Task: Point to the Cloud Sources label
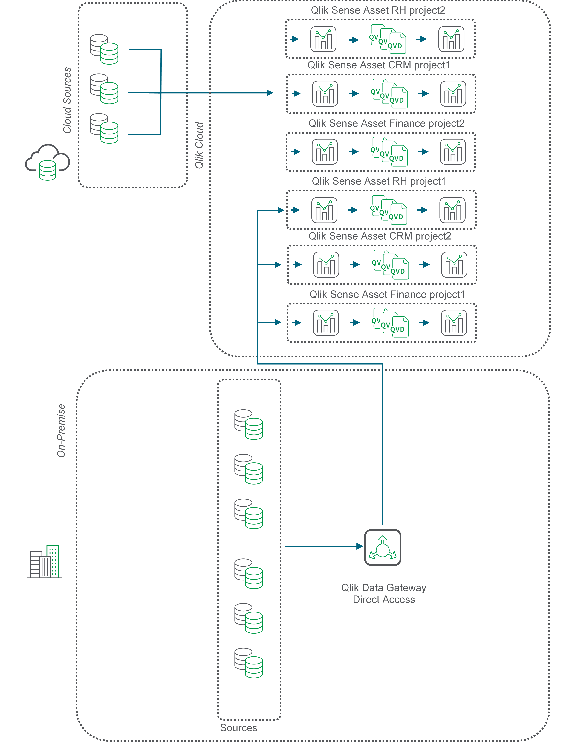tap(67, 100)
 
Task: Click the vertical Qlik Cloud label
tap(199, 145)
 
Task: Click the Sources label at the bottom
tap(238, 728)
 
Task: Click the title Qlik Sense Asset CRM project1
tap(378, 65)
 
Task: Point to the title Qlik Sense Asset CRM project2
tap(380, 236)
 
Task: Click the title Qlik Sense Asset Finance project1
tap(387, 294)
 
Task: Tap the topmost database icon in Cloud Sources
tap(104, 49)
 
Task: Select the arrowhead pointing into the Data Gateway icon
tap(360, 546)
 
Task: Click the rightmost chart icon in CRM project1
tap(453, 94)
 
